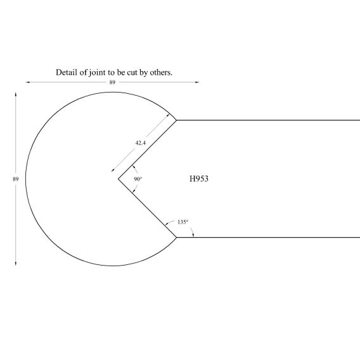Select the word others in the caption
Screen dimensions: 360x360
[161, 72]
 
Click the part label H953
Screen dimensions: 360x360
[199, 179]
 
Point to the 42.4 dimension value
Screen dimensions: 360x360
[141, 143]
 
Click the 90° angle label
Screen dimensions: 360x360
[138, 179]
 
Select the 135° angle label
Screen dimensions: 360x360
[183, 222]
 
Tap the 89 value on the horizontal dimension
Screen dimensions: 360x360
[112, 82]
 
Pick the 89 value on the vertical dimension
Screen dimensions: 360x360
[16, 179]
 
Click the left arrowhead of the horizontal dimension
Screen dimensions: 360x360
[27, 82]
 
